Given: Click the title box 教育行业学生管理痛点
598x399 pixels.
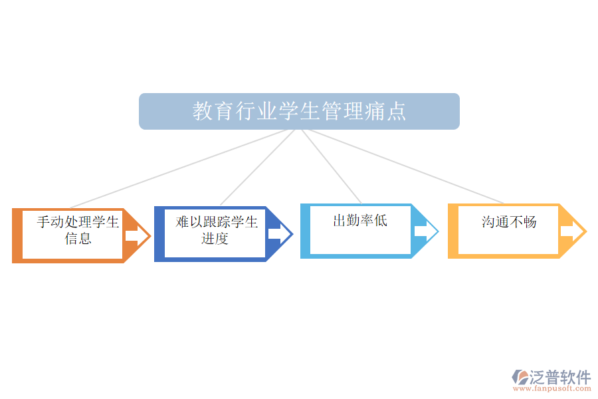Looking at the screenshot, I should [x=299, y=111].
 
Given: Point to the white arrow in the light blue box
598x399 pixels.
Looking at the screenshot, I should [x=421, y=231].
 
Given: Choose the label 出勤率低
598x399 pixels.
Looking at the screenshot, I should [x=359, y=221].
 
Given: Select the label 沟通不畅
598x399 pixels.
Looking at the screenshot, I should [x=508, y=222].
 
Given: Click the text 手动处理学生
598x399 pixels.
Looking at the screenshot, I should [x=78, y=221].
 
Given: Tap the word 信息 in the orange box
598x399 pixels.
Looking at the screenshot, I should [x=78, y=238].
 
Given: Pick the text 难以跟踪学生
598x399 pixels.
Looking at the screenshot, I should [x=217, y=221].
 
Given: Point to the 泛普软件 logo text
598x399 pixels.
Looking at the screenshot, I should [x=559, y=377].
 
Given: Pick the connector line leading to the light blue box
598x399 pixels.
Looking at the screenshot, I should [x=332, y=167].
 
